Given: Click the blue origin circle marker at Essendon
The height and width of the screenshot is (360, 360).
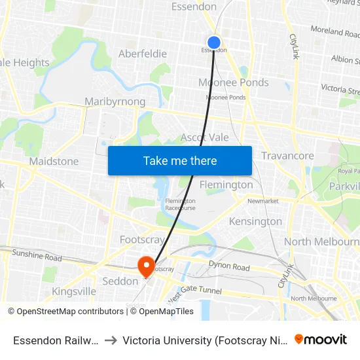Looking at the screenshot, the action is tap(213, 43).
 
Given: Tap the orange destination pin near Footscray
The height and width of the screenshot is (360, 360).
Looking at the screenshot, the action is tap(145, 265).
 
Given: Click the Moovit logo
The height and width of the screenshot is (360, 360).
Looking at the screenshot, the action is tap(321, 340).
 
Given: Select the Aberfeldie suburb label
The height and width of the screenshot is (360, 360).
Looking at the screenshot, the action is tap(142, 54).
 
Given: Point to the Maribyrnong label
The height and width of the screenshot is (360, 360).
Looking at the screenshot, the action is tap(115, 102).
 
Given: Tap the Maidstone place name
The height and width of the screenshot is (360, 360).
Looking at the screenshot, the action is tap(54, 161).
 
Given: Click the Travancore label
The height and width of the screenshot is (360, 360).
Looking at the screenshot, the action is tap(287, 156).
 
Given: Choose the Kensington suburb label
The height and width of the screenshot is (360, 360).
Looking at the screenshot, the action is tap(255, 221).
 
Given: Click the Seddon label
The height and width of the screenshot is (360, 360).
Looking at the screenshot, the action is tap(119, 281).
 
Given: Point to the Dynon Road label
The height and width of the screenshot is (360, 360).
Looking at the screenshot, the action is tap(229, 266).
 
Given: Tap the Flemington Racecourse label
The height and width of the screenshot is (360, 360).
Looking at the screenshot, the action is tap(180, 204).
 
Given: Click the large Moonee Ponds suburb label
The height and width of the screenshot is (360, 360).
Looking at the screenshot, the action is tap(233, 82).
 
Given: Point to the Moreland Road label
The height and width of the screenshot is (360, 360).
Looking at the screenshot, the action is tap(335, 31).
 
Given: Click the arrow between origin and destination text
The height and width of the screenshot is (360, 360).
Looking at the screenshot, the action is tap(110, 340).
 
